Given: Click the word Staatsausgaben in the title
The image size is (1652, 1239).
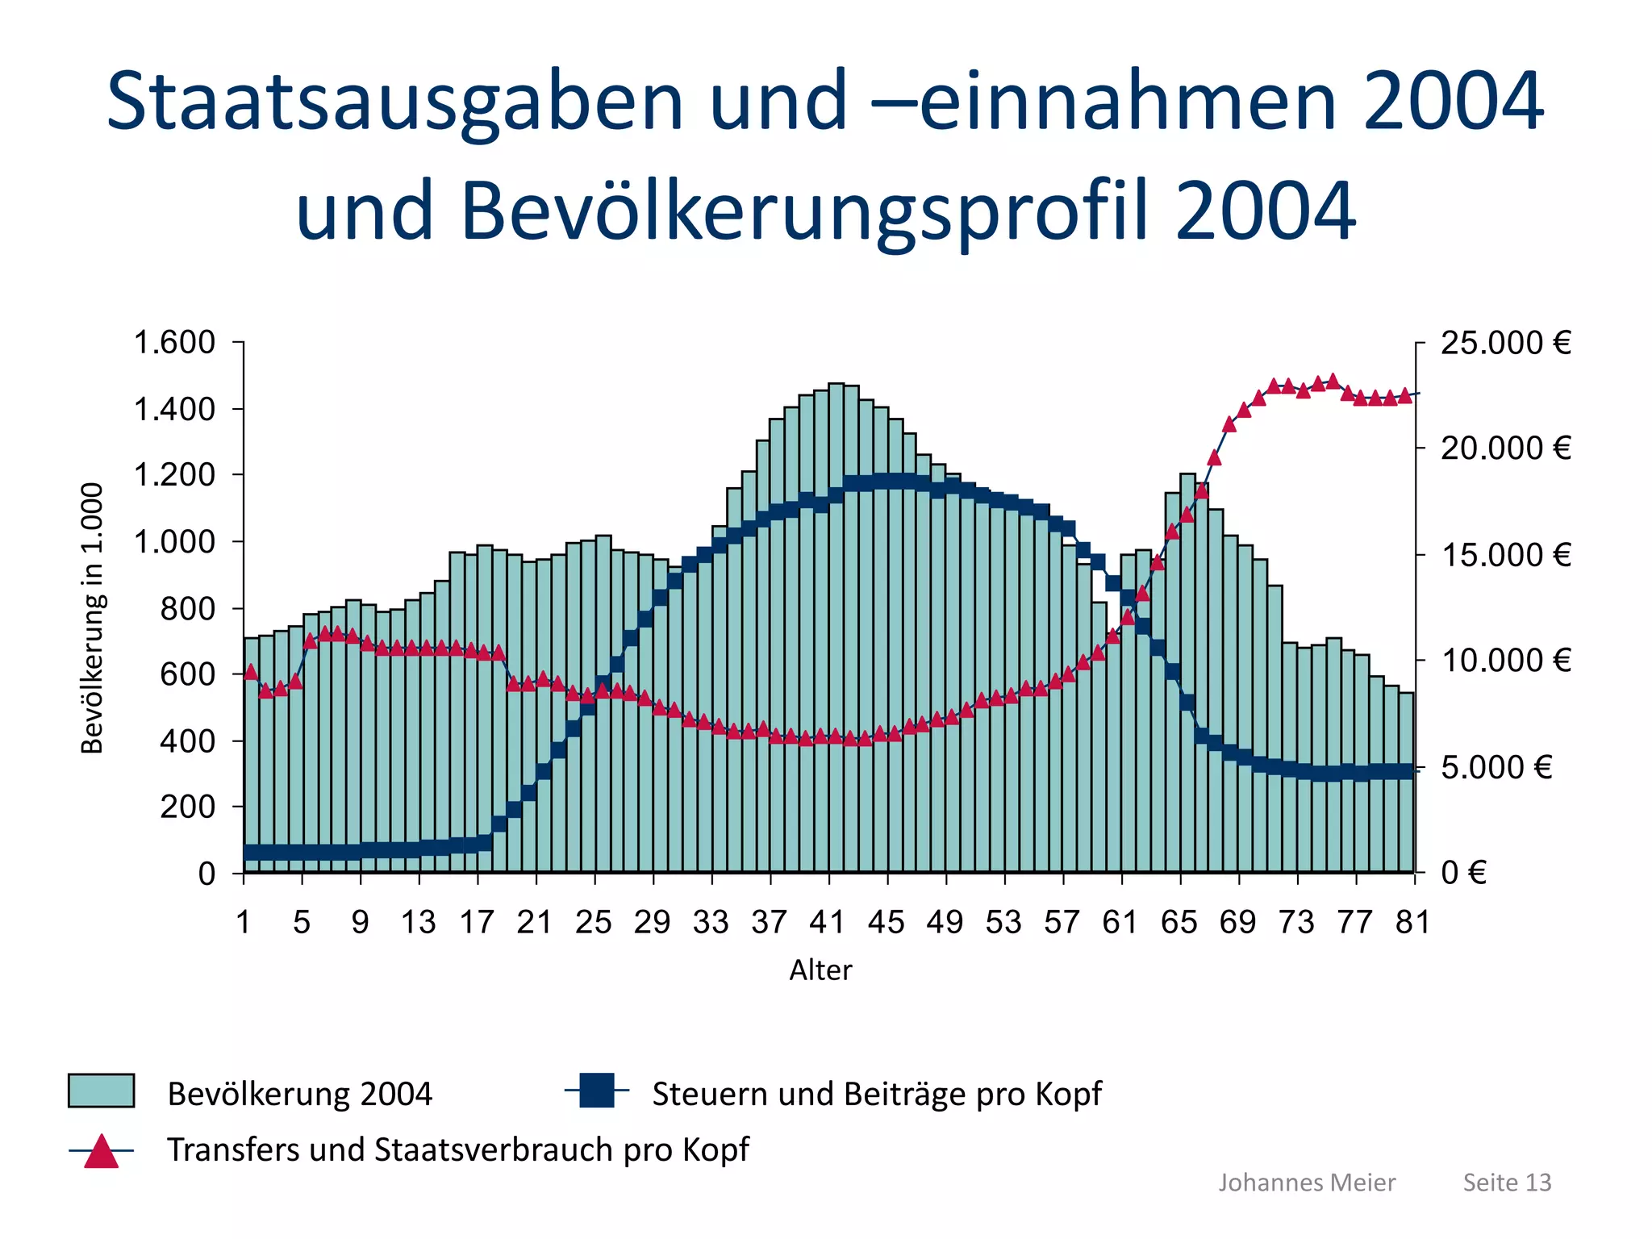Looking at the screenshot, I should pyautogui.click(x=395, y=102).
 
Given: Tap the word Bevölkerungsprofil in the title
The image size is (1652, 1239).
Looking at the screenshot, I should pyautogui.click(x=803, y=211).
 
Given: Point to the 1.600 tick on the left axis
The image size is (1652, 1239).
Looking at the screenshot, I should pyautogui.click(x=174, y=343).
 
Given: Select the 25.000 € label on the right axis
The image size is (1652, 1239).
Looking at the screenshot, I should pyautogui.click(x=1505, y=343).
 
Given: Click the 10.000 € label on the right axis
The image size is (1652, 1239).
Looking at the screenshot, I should pyautogui.click(x=1505, y=661).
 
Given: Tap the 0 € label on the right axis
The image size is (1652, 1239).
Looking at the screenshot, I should pyautogui.click(x=1463, y=873).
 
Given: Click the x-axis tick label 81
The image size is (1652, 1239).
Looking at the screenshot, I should pyautogui.click(x=1412, y=922).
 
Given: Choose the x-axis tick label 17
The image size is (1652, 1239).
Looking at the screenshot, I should pyautogui.click(x=477, y=922).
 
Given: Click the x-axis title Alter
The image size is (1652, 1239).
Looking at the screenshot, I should pyautogui.click(x=820, y=970).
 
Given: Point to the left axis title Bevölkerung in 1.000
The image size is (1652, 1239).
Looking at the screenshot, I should pyautogui.click(x=93, y=618).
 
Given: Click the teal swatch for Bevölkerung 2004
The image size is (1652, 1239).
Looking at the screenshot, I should pyautogui.click(x=101, y=1091).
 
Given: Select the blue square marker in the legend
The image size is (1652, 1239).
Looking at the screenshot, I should pyautogui.click(x=597, y=1091).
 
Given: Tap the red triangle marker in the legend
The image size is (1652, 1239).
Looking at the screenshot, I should pyautogui.click(x=102, y=1151).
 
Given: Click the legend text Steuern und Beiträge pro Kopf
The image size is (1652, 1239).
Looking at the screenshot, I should pyautogui.click(x=876, y=1094).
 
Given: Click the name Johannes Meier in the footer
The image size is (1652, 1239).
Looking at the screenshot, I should pyautogui.click(x=1306, y=1183).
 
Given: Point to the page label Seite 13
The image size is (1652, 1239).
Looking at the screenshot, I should pyautogui.click(x=1507, y=1183).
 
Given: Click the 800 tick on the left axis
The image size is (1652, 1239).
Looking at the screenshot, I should pyautogui.click(x=187, y=608).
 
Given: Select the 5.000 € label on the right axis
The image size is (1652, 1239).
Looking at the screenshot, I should pyautogui.click(x=1496, y=767).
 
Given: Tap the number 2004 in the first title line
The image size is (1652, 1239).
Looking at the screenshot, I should pyautogui.click(x=1453, y=102).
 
